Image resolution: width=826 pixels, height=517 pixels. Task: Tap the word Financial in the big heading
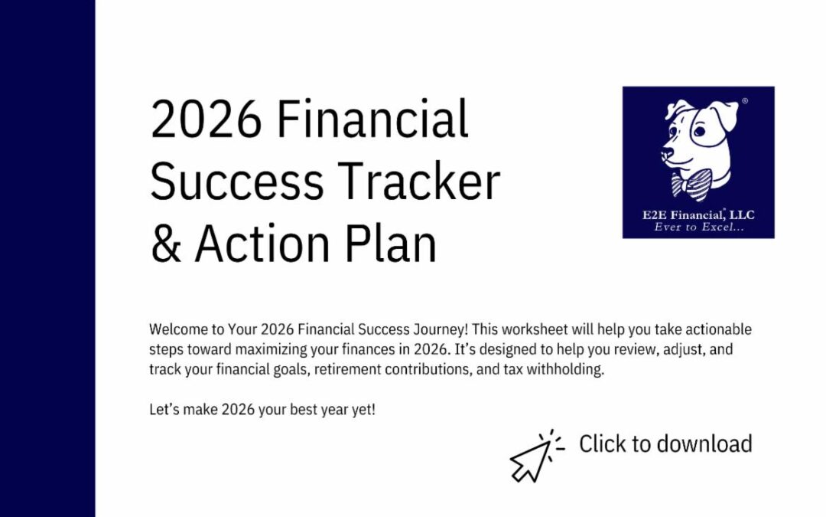pos(372,120)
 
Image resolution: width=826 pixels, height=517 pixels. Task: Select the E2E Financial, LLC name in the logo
pos(698,215)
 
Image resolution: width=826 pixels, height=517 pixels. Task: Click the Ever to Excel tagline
pos(698,227)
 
